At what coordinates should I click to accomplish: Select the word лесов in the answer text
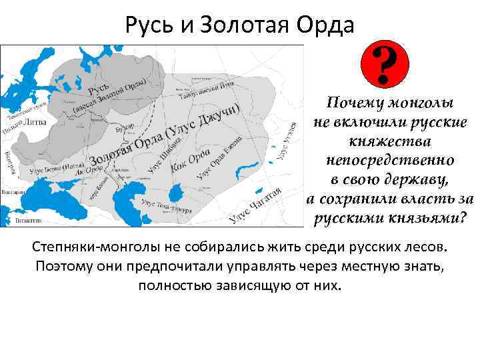click(425, 248)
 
